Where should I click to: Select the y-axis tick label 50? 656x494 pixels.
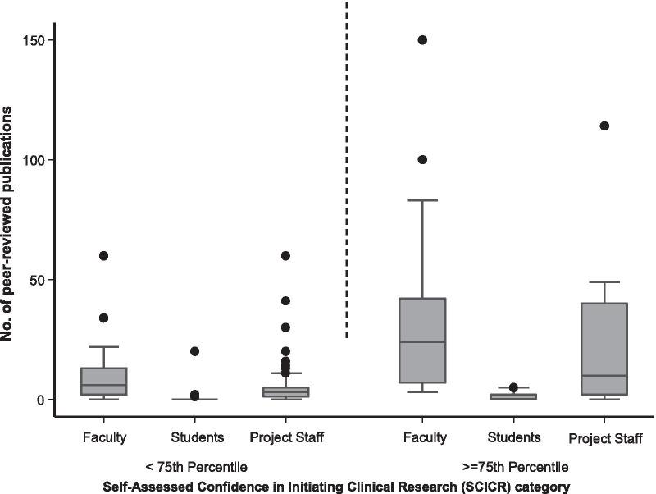[39, 280]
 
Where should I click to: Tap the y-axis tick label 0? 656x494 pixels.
[42, 400]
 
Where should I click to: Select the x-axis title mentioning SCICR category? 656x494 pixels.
[336, 487]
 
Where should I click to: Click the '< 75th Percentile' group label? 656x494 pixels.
[196, 467]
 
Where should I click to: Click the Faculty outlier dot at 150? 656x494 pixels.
[423, 40]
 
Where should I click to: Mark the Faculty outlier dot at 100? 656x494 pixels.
[423, 160]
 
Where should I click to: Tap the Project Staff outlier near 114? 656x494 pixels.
[604, 126]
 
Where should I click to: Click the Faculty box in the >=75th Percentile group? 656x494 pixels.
[423, 340]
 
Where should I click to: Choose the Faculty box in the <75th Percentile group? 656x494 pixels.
[105, 382]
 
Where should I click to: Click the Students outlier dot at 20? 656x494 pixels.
[195, 351]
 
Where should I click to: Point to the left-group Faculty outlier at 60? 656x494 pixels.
[105, 256]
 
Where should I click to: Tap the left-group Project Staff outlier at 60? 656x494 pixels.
[285, 256]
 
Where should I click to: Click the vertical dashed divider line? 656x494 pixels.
[347, 164]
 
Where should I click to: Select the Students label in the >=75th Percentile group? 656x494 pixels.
[513, 437]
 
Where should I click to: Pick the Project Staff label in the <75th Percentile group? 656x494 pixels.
[285, 437]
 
